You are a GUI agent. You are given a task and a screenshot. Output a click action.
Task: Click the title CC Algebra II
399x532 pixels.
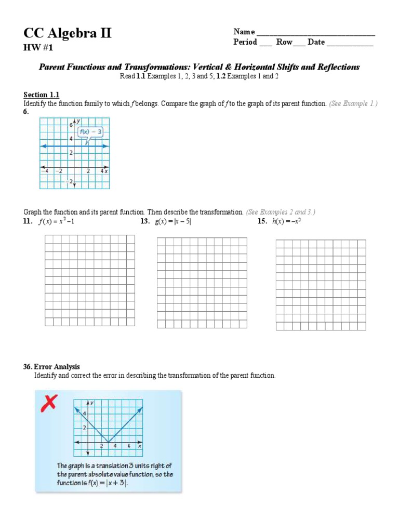pos(67,34)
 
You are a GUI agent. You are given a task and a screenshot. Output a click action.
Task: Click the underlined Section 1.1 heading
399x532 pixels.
pos(42,95)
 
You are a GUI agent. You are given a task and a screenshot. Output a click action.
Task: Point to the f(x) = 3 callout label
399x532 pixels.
pos(90,132)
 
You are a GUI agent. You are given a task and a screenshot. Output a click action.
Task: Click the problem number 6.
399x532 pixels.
pos(26,112)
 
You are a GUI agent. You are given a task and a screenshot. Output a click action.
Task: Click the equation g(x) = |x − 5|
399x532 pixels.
pos(177,222)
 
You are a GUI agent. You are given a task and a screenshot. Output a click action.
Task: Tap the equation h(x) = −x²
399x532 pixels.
pos(287,222)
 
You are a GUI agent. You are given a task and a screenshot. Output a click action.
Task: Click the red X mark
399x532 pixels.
pos(49,403)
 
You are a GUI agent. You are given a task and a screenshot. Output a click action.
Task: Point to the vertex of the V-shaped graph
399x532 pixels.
pos(108,442)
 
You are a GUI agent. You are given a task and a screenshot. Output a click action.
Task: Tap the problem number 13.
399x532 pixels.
pos(145,222)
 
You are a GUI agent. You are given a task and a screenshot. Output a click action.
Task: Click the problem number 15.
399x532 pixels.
pos(262,222)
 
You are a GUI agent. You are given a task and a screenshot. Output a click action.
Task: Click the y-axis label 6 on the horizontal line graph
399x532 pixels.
pos(71,125)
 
